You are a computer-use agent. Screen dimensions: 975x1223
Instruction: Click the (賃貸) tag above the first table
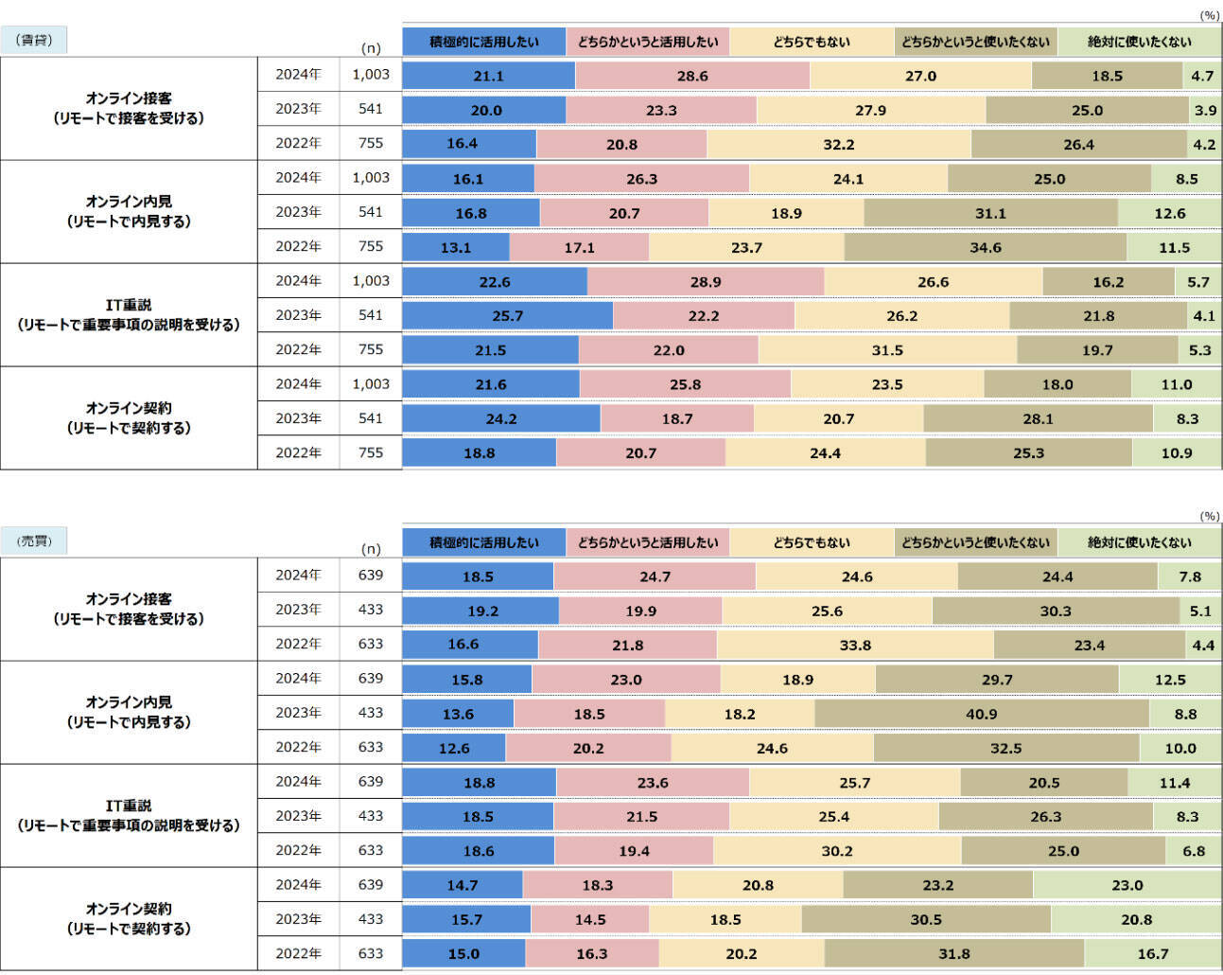tap(34, 41)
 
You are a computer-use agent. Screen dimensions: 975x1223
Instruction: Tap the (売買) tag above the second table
tap(34, 541)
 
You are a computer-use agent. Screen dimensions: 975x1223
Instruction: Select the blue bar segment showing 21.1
tap(488, 76)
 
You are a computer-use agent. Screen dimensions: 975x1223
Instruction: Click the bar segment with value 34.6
tap(985, 247)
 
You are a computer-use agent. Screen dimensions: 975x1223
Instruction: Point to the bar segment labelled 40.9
tap(981, 714)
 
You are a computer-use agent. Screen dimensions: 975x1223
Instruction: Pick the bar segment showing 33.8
tap(855, 645)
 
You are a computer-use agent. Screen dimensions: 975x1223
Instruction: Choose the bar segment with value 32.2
tap(838, 144)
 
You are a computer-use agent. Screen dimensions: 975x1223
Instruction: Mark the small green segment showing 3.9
tap(1205, 110)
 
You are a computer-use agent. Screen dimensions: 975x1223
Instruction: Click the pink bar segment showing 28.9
tap(706, 282)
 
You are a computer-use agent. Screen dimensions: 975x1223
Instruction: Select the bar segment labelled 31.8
tap(953, 953)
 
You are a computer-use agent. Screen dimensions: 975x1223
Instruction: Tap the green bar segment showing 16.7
tap(1152, 953)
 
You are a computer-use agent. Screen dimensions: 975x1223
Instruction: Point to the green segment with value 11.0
tap(1176, 384)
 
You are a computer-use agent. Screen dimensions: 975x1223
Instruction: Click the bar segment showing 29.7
tap(997, 680)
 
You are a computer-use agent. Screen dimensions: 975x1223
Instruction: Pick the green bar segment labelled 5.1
tap(1200, 611)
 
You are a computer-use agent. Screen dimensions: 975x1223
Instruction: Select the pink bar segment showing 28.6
tap(692, 76)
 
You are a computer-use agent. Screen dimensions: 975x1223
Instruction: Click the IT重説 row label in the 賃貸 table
tap(129, 314)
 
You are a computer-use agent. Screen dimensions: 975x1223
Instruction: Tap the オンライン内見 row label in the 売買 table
tap(129, 712)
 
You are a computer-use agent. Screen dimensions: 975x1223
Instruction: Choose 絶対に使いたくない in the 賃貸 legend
tap(1139, 42)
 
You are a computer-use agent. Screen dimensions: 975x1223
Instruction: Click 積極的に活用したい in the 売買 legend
tap(483, 542)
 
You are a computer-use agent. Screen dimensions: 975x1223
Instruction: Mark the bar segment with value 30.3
tap(1056, 611)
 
